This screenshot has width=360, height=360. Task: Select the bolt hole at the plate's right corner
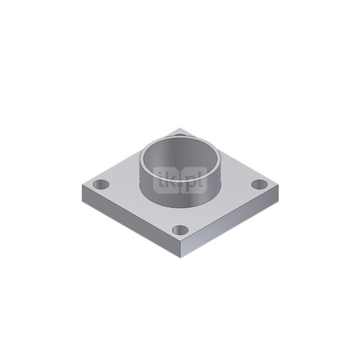pos(260,184)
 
